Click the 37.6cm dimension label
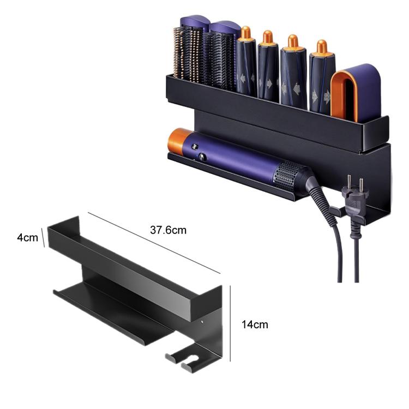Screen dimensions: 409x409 coord(169,230)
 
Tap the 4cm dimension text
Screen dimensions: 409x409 coord(27,237)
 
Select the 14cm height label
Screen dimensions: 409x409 coord(255,324)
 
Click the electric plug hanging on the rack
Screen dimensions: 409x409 coord(354,204)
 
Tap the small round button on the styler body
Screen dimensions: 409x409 coord(203,157)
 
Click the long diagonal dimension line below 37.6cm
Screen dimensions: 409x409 coord(153,243)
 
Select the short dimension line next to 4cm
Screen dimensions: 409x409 coord(44,239)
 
